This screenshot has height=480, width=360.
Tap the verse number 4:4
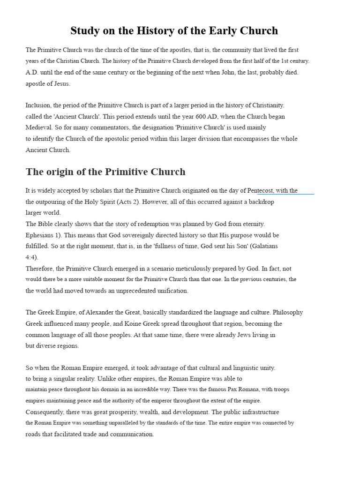click(31, 257)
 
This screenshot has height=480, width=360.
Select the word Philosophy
click(288, 312)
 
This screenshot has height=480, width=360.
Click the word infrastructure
click(257, 412)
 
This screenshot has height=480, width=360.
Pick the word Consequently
click(48, 412)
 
